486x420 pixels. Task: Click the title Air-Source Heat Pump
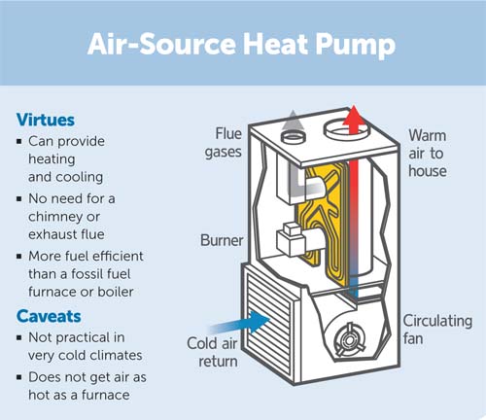pos(241,45)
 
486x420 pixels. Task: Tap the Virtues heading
pos(46,120)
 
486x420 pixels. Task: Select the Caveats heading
pos(49,316)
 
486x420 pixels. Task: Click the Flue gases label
pos(224,143)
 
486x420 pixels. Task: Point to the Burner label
pos(222,240)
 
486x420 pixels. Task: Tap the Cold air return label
pos(213,352)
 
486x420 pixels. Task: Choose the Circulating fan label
pos(437,330)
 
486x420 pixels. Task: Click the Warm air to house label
pos(428,154)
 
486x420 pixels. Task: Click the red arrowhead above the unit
pos(354,116)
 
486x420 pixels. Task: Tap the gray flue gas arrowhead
pos(293,120)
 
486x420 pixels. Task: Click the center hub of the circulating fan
pos(349,340)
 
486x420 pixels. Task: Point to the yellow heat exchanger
pos(322,224)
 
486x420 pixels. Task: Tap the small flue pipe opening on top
pos(294,138)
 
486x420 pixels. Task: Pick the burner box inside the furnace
pos(291,239)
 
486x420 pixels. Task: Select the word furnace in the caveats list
pos(106,395)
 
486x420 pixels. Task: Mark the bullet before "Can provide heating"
pos(19,141)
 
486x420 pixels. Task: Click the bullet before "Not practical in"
pos(19,337)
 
